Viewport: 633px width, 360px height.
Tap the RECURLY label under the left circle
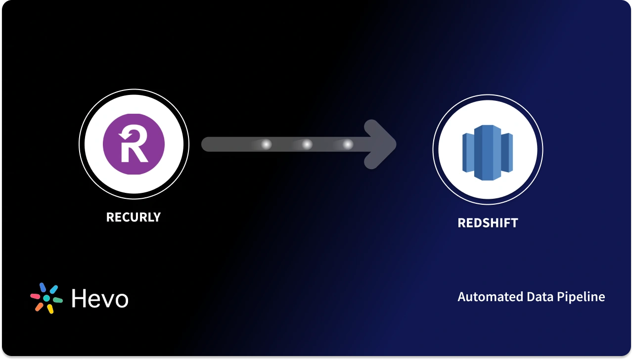[134, 217]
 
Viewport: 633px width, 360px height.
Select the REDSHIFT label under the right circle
[488, 223]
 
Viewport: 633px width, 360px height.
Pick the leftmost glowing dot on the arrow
[266, 144]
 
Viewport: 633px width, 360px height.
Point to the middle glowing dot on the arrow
[307, 144]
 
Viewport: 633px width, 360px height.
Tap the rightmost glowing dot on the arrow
[348, 144]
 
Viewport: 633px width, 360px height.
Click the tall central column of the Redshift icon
[488, 152]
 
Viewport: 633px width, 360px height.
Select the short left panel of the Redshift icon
[468, 152]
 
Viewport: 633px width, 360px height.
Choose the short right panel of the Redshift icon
[507, 152]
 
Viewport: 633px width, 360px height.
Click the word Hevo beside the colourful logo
[100, 299]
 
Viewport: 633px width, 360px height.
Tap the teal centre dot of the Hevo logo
[46, 299]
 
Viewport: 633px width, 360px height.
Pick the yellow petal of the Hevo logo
[50, 309]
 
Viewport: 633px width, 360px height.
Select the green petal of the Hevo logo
[57, 300]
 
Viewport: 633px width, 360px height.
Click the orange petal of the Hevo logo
[39, 307]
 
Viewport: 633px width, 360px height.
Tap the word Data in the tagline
[527, 297]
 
